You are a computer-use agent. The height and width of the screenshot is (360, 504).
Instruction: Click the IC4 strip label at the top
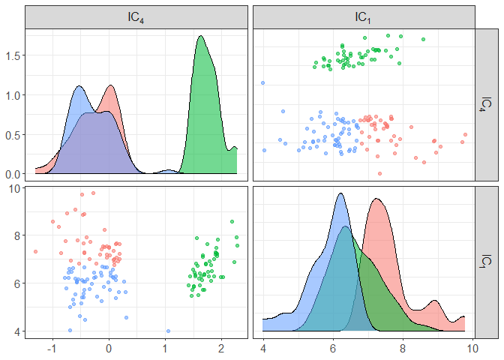click(x=136, y=17)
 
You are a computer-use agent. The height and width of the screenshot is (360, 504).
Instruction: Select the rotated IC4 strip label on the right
click(x=487, y=104)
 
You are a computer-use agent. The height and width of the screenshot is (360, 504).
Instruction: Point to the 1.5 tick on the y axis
click(x=13, y=55)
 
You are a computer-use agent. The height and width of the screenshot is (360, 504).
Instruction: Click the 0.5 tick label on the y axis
click(x=13, y=135)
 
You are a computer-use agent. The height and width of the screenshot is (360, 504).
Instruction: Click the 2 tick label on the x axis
click(x=221, y=349)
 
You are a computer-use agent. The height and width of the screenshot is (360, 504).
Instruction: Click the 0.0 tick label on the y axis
click(x=13, y=174)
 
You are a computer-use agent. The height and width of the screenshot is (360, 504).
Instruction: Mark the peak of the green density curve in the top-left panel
click(x=200, y=36)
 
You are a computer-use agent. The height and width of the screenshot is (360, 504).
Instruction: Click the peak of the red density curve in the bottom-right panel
click(x=377, y=199)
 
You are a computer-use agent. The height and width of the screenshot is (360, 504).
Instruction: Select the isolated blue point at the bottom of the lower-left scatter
click(x=168, y=331)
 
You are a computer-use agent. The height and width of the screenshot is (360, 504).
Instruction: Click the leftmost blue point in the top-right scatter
click(x=262, y=82)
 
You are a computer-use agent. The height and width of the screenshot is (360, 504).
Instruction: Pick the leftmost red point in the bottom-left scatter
click(x=35, y=251)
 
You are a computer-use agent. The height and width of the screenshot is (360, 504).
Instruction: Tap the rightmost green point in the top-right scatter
click(x=423, y=39)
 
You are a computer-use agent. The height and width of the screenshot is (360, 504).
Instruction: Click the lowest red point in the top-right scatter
click(x=379, y=173)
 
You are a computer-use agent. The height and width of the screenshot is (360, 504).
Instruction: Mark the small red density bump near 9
click(x=433, y=301)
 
